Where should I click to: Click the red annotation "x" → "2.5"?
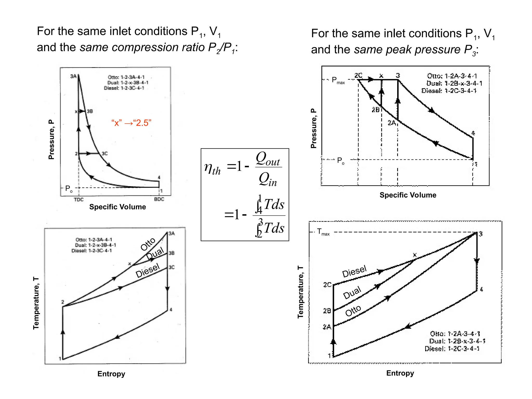coord(131,123)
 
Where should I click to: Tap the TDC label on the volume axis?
coord(79,199)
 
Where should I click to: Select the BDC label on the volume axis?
coord(159,199)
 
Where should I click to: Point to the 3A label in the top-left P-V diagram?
coord(73,76)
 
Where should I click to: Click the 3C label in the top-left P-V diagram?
coord(104,154)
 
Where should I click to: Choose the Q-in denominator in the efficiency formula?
coord(268,179)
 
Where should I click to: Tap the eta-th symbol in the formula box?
coord(212,168)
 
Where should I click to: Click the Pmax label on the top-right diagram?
coord(338,80)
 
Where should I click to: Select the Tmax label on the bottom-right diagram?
coord(323,232)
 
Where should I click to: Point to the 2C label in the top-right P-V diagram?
coord(358,75)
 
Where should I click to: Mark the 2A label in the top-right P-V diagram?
coord(392,123)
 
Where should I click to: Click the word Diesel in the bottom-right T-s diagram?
coord(354,271)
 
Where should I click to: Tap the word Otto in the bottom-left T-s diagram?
coord(148,244)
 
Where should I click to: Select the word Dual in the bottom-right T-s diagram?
coord(352,292)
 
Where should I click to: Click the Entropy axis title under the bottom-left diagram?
coord(111,374)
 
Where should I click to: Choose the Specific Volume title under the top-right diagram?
coord(408,195)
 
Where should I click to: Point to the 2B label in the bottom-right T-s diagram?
coord(327,311)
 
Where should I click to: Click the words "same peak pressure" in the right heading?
coord(407,50)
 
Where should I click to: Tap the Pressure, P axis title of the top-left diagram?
coord(51,139)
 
